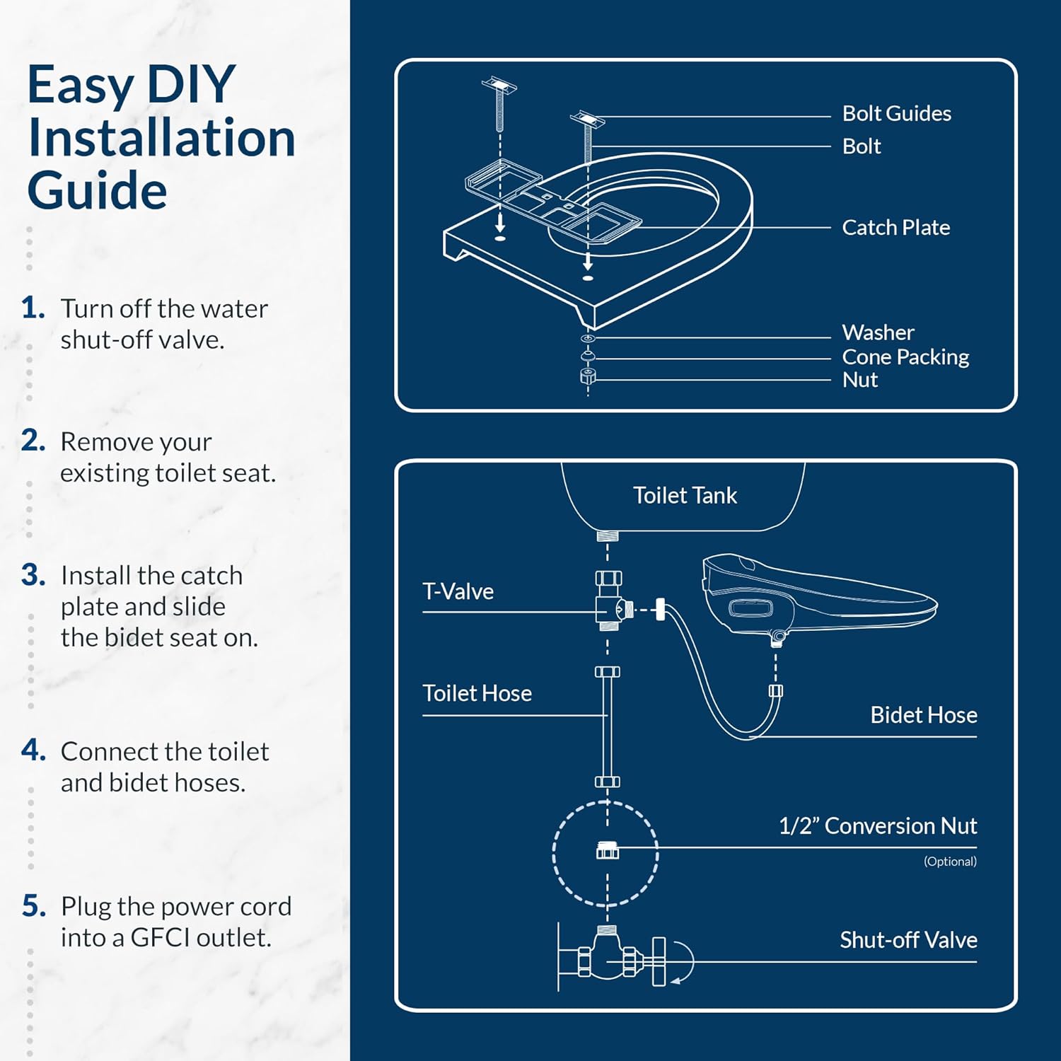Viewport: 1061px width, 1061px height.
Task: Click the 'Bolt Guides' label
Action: [896, 114]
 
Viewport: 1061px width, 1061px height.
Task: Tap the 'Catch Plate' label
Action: [895, 228]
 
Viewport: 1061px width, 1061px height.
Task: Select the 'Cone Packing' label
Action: [905, 357]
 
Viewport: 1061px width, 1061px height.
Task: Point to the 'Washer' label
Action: [878, 332]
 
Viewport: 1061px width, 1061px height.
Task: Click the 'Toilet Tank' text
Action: [685, 496]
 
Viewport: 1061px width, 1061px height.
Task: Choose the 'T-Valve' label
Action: [458, 591]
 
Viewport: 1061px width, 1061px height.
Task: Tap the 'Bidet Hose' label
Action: [923, 715]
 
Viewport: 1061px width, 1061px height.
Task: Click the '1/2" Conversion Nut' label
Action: [877, 826]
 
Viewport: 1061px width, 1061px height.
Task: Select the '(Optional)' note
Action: [949, 862]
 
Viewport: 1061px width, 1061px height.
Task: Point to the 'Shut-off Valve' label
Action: [908, 940]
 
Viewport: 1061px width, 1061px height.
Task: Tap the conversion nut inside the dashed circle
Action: [607, 850]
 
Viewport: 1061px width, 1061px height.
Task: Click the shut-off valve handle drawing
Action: [659, 962]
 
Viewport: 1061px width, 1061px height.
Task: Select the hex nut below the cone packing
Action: [588, 376]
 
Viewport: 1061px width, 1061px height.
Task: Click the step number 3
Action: [33, 575]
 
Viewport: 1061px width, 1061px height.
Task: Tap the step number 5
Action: [33, 906]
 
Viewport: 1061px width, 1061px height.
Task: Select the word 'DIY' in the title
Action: [190, 85]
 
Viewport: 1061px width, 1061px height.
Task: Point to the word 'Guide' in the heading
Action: [97, 191]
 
